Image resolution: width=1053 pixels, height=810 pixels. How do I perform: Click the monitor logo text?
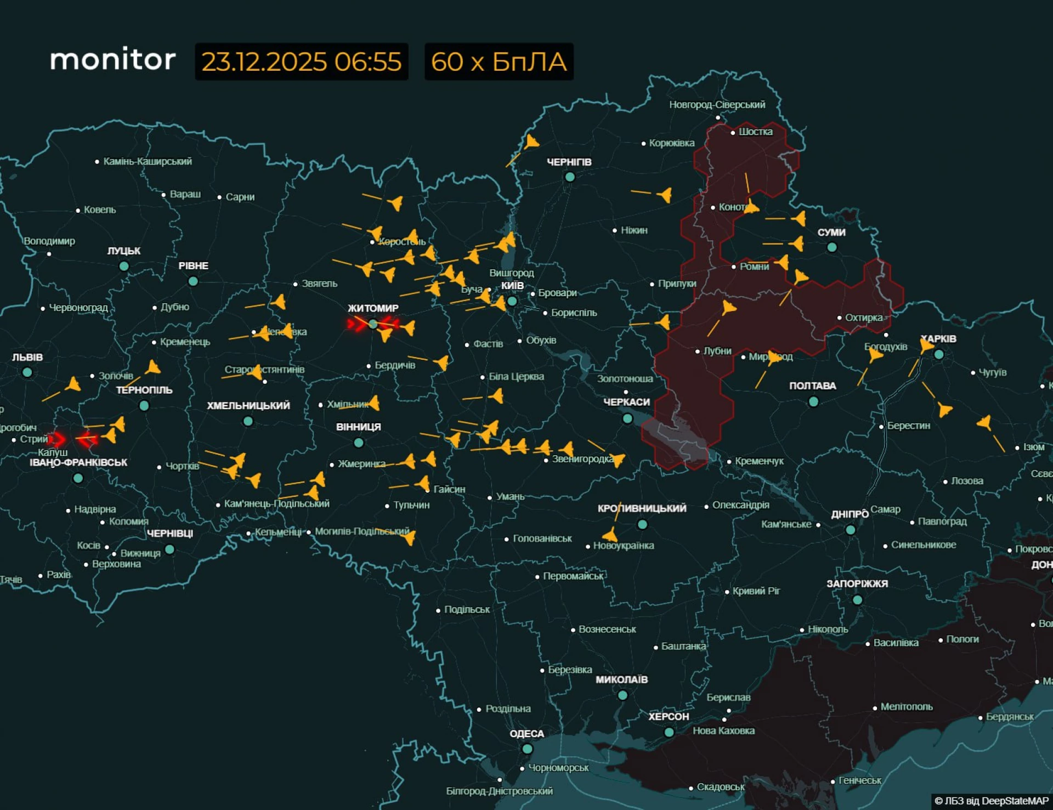[x=113, y=59]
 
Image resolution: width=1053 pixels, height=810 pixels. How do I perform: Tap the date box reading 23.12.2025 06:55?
[x=301, y=61]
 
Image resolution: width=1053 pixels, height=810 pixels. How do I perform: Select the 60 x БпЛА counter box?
[x=499, y=61]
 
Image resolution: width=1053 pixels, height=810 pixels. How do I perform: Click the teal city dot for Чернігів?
[x=569, y=177]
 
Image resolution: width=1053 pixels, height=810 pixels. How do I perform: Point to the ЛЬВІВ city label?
[x=27, y=357]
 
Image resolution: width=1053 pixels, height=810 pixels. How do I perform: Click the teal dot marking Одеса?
[x=527, y=749]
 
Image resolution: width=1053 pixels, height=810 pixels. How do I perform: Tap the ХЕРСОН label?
[x=668, y=716]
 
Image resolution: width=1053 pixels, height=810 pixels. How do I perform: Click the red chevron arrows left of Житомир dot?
[x=357, y=325]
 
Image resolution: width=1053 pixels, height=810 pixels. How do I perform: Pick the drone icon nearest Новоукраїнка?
[x=610, y=534]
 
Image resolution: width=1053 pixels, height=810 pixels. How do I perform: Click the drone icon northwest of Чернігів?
[x=531, y=143]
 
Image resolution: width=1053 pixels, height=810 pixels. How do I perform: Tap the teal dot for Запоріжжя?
[x=857, y=600]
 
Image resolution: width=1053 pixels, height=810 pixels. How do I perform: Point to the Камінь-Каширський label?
[x=147, y=161]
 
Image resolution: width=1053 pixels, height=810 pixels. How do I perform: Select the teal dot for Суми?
[x=831, y=247]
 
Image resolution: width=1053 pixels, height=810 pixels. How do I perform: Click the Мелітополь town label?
[x=906, y=707]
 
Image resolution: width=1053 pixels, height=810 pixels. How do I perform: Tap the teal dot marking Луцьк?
[x=124, y=266]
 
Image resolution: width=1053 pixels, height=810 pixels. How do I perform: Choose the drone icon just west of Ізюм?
[x=984, y=423]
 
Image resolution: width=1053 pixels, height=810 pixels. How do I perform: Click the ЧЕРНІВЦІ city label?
[x=170, y=534]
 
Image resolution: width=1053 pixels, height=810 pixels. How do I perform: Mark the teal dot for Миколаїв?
[x=622, y=695]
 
